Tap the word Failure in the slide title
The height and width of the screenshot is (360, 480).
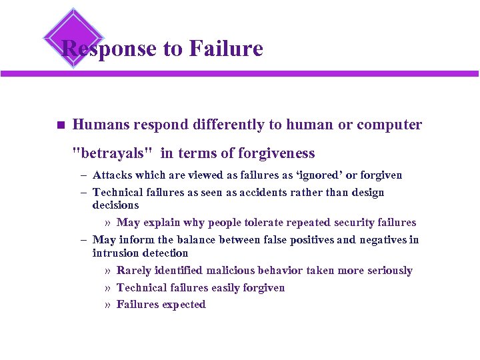[x=226, y=48]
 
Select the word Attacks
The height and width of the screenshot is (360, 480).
[x=113, y=175]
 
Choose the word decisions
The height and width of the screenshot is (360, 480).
[x=116, y=205]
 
